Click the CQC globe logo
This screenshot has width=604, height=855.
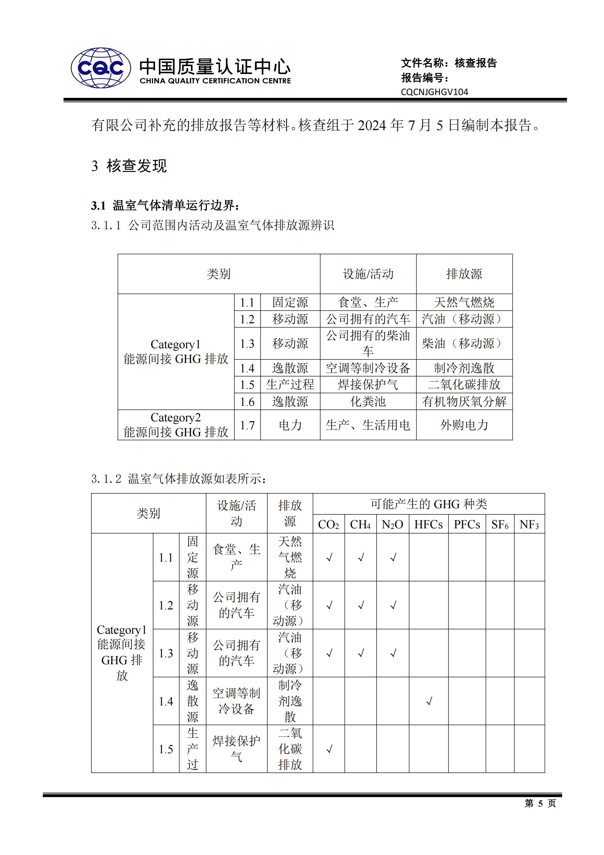coord(100,68)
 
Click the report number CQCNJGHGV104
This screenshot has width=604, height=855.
coord(434,92)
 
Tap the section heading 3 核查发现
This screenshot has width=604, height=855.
coord(129,166)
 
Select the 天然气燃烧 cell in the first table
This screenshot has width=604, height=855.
coord(464,302)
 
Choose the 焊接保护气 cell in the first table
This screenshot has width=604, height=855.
coord(368,385)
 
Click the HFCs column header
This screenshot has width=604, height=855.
coord(428,525)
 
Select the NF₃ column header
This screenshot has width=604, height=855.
coord(529,525)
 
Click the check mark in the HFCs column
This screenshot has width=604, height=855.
coord(429,701)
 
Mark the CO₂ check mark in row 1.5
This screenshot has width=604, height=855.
coord(329,749)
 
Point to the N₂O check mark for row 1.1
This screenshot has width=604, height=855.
coord(393,558)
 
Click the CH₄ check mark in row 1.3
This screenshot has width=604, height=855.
coord(361,653)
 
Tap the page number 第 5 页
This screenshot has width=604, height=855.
coord(540,803)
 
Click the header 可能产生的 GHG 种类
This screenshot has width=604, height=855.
coord(428,504)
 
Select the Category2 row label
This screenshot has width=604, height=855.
coord(176,425)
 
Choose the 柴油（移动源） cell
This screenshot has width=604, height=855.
coord(464,343)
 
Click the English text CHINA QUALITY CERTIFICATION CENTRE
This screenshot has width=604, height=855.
coord(215,81)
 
